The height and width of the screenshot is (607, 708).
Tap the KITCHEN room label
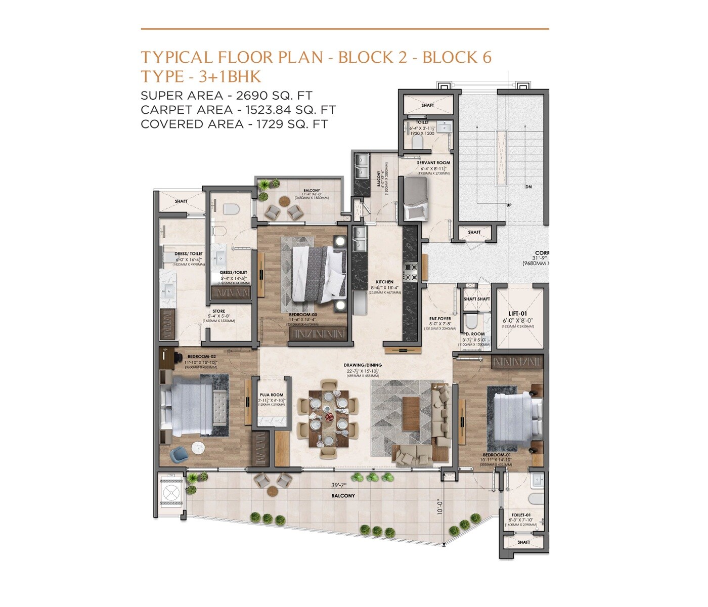tap(384, 282)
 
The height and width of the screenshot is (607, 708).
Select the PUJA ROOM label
tap(272, 395)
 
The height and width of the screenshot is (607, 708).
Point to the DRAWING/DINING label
tap(363, 365)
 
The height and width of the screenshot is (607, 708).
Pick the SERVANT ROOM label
tap(433, 163)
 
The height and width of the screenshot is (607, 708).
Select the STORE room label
tap(218, 311)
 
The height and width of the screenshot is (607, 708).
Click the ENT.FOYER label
tap(440, 319)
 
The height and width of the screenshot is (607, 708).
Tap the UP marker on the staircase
tap(508, 205)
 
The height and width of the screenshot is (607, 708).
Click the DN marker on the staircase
tap(528, 187)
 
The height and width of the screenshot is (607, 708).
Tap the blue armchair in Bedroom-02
tap(180, 454)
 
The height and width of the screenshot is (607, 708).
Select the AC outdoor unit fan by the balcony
tap(170, 491)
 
